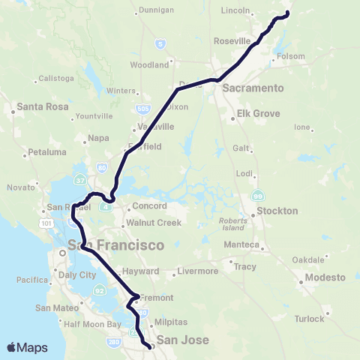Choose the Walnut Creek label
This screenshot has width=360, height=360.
(154, 223)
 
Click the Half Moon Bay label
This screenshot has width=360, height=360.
(93, 324)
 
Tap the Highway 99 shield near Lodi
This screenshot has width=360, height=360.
(259, 195)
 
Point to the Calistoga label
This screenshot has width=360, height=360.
(57, 78)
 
